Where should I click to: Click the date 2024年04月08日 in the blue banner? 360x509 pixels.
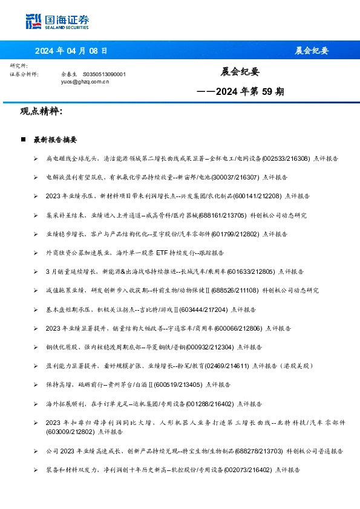(71, 51)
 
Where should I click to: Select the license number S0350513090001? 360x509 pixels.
(104, 74)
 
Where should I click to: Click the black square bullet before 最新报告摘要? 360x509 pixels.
(23, 140)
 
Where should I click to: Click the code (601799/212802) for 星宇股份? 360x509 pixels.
(228, 234)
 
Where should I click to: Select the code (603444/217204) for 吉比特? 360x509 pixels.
(203, 310)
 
